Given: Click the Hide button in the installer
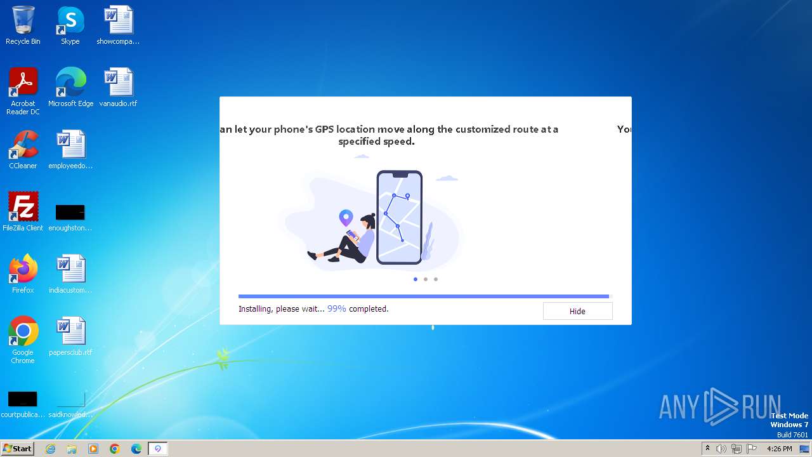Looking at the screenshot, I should pos(577,311).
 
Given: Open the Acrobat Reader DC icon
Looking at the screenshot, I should pos(23,83).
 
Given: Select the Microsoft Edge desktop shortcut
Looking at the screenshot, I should pos(70,83).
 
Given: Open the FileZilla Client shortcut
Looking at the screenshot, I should pos(23,207).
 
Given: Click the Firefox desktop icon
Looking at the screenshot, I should pos(23,269).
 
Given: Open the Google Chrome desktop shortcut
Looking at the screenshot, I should pos(23,331).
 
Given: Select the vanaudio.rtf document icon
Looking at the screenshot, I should pos(118,83).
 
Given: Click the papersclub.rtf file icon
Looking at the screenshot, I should pos(70,331).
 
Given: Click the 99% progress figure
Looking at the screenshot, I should pos(336,309).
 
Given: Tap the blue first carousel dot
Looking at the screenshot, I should pos(416,279).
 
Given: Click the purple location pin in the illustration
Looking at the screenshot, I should pos(346,218).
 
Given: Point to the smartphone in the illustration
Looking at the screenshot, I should pos(399,217).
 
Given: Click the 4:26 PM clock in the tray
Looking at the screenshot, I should pos(779,449).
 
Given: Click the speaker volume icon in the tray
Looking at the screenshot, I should pos(721,449).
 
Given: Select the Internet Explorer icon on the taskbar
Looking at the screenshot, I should pos(51,449).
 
